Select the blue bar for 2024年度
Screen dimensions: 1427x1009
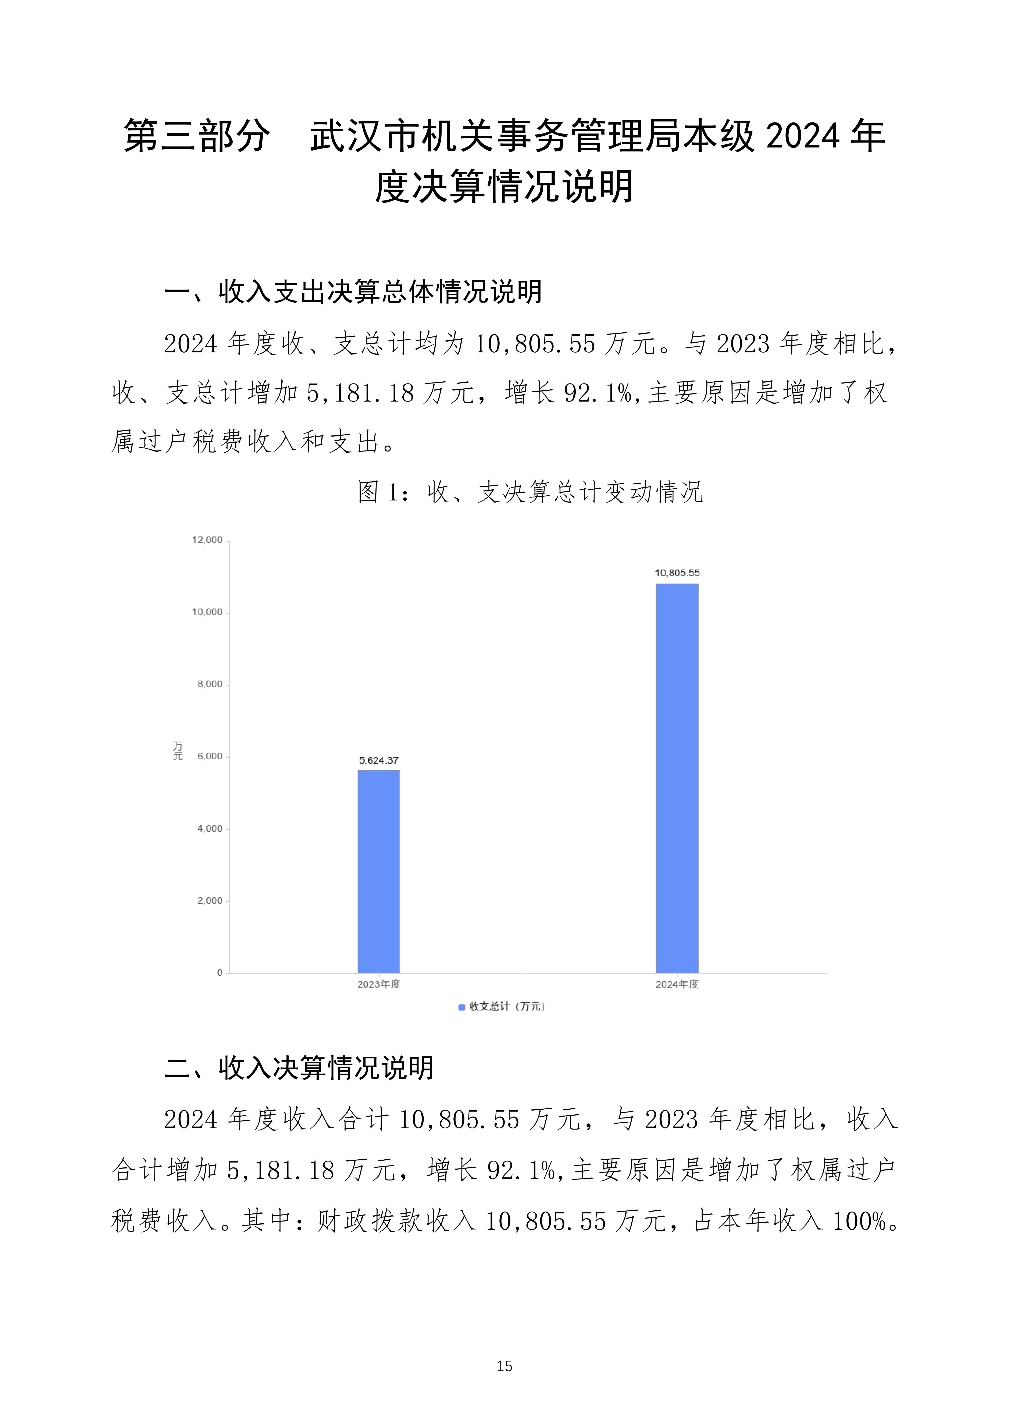click(x=677, y=778)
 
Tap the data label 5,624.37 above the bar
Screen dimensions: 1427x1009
click(x=379, y=760)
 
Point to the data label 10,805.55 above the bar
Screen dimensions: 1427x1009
click(x=677, y=573)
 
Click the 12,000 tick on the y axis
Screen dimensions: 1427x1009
click(x=207, y=540)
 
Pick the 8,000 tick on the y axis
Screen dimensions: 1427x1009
click(x=210, y=684)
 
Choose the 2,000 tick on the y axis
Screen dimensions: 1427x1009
click(x=210, y=900)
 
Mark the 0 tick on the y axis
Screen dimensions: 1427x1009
click(x=220, y=973)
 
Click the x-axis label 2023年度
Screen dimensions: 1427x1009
click(x=379, y=984)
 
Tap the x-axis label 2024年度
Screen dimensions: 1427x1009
click(x=677, y=984)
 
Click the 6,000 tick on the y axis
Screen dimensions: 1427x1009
click(x=210, y=756)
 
